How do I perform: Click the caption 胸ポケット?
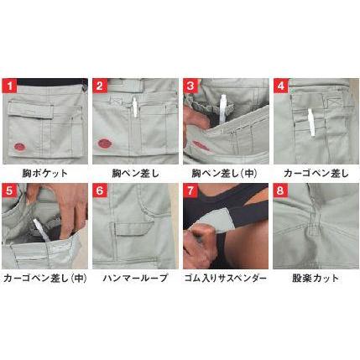coord(44,172)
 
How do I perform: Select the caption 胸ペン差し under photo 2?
coord(134,172)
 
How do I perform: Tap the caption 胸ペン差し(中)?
coord(224,172)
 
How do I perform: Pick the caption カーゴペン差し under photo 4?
coord(315,172)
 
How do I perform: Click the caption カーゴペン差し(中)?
coord(44,277)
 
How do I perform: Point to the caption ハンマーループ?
coord(134,277)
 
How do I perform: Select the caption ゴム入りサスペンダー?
coord(225,277)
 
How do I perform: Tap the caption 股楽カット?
coord(315,277)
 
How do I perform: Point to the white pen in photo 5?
coord(37,227)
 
